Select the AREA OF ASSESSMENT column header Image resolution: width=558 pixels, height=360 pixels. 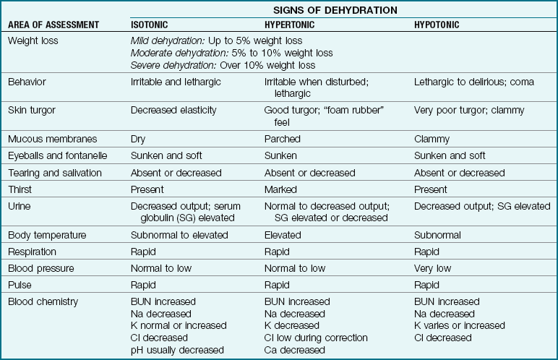53,25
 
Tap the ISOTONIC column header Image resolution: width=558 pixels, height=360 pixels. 155,25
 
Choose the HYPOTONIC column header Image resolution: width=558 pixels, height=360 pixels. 437,25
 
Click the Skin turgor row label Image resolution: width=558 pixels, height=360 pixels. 31,110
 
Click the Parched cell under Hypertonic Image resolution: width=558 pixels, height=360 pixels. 282,139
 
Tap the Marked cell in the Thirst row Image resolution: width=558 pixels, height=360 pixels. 280,189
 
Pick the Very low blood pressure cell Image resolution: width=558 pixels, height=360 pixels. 434,268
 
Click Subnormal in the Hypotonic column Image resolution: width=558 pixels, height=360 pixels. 438,235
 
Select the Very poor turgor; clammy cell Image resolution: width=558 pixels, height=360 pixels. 468,110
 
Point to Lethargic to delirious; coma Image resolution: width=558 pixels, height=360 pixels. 473,82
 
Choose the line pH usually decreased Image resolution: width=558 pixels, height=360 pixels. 177,351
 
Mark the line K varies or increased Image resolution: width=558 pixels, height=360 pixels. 460,325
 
